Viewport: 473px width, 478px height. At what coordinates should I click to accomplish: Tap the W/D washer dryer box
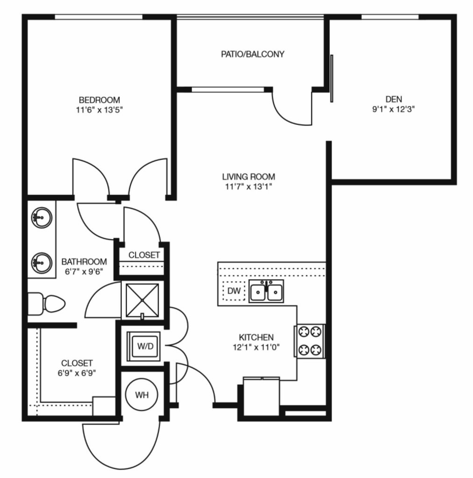click(143, 346)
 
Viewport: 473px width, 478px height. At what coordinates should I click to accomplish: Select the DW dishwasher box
click(234, 291)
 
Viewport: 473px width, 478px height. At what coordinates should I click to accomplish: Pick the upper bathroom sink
click(42, 218)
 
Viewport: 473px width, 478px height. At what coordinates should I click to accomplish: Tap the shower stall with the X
click(143, 300)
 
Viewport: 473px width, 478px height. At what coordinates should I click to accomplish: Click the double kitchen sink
click(266, 291)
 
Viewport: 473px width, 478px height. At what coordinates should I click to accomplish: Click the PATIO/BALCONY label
click(252, 54)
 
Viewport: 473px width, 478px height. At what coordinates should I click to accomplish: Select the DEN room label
click(394, 99)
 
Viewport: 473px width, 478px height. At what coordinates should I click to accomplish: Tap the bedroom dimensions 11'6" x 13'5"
click(99, 110)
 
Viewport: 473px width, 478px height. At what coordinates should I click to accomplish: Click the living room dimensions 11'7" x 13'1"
click(249, 186)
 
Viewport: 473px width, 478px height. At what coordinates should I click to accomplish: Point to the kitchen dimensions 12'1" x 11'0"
click(256, 347)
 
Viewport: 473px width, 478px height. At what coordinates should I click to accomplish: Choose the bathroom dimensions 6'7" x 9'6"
click(84, 271)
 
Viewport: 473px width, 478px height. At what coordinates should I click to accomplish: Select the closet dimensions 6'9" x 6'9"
click(77, 373)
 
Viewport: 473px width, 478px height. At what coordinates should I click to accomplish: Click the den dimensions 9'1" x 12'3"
click(394, 109)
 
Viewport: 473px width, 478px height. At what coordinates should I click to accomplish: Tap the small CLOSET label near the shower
click(144, 255)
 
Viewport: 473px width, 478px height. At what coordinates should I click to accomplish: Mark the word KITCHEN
click(256, 337)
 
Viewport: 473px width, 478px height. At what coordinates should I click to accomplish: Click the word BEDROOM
click(100, 100)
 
